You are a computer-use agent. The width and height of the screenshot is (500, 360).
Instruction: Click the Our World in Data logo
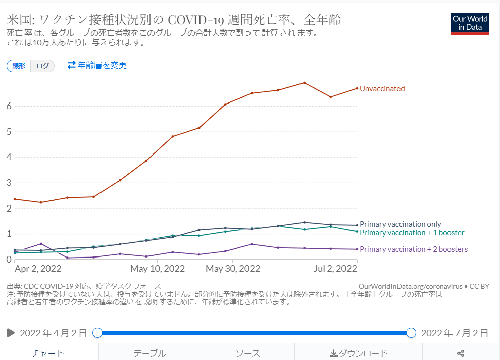tap(470, 23)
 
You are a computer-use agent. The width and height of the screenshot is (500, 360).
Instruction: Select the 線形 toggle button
tap(19, 66)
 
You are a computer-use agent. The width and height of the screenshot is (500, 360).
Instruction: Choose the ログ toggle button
tap(42, 66)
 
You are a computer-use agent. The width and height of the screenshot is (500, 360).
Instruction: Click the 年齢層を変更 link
tap(97, 65)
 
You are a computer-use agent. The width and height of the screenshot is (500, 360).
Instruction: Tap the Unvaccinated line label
tap(382, 89)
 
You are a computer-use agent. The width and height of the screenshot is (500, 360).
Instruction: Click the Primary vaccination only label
tap(400, 224)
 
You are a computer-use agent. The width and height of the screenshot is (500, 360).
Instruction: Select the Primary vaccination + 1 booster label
tap(412, 233)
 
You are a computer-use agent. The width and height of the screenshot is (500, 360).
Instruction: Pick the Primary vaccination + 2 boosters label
tap(413, 249)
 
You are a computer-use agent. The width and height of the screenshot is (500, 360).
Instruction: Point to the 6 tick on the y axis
tap(9, 106)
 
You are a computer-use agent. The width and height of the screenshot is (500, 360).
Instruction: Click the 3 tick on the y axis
tap(9, 183)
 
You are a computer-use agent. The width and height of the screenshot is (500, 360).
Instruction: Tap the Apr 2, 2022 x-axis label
tap(38, 268)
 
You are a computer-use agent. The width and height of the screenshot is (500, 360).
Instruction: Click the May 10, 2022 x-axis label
tap(158, 268)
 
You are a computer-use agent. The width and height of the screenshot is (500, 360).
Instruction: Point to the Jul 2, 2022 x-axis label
tap(335, 268)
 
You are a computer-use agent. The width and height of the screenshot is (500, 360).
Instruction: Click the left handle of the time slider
tap(97, 333)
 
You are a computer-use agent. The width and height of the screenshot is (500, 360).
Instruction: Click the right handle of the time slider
tap(411, 333)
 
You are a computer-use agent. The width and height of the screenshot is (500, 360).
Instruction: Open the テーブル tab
tap(149, 353)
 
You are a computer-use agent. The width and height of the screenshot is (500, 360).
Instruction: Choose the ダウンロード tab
tap(359, 353)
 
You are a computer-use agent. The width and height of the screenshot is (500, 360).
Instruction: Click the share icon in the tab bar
tap(460, 353)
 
